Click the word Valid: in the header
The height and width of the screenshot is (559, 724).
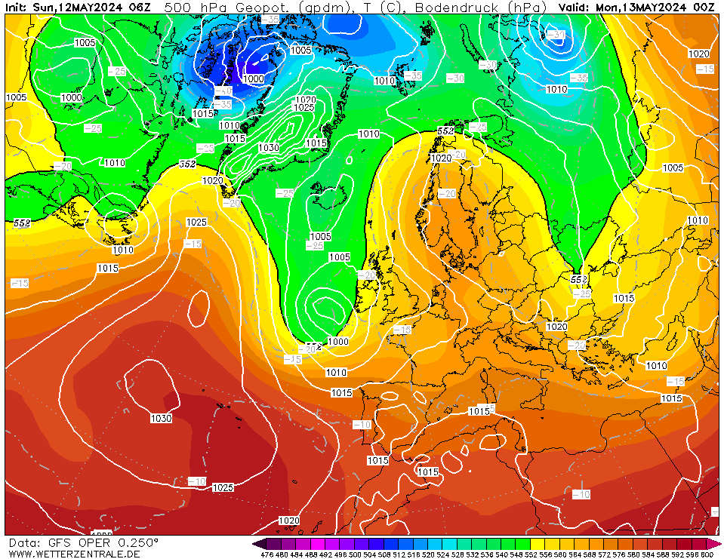pyautogui.click(x=575, y=7)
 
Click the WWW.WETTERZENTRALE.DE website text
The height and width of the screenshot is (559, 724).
pyautogui.click(x=74, y=554)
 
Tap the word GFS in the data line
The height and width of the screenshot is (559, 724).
pyautogui.click(x=61, y=542)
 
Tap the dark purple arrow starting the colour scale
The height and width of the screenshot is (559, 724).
pyautogui.click(x=259, y=543)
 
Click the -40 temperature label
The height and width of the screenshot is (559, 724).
pyautogui.click(x=223, y=91)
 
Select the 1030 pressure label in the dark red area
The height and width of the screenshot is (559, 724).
pyautogui.click(x=160, y=418)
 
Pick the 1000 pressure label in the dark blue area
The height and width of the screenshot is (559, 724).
pyautogui.click(x=253, y=78)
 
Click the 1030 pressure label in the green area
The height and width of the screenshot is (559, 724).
pyautogui.click(x=268, y=148)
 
